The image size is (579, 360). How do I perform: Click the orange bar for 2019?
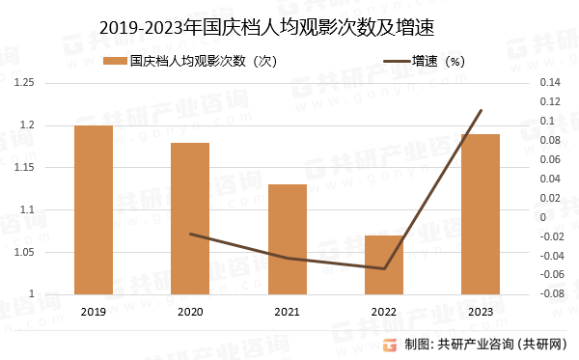[x=94, y=209]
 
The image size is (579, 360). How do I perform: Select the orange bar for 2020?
[x=190, y=218]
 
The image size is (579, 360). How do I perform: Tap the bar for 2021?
[x=287, y=238]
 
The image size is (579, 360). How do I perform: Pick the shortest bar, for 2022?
[x=383, y=264]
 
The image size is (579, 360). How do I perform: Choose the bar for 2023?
[x=480, y=213]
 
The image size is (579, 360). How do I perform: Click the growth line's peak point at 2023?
[x=481, y=110]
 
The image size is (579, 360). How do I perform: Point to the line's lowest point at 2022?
[x=384, y=268]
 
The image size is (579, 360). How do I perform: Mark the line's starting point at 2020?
[x=190, y=234]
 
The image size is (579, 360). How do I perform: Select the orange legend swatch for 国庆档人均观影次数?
[x=116, y=62]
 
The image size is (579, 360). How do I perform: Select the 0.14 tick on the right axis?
[x=548, y=83]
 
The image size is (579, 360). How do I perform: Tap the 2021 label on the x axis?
[x=287, y=312]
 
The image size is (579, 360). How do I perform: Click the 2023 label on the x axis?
[x=480, y=312]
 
